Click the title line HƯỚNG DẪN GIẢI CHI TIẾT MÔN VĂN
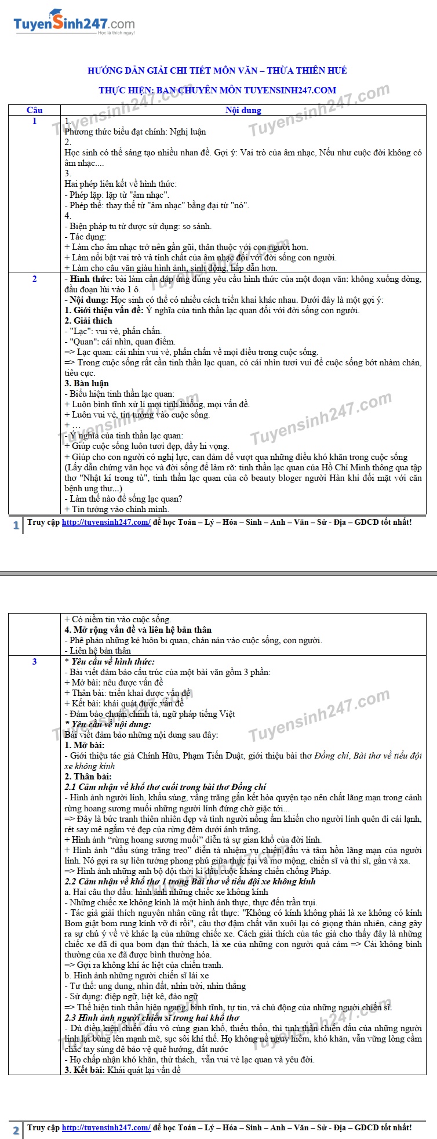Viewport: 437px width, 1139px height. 217,71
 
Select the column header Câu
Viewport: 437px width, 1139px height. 35,110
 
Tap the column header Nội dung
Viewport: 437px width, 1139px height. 243,110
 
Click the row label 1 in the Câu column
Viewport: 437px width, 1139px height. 35,121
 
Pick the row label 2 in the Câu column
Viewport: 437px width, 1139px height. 35,279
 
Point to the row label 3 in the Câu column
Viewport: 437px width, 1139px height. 35,661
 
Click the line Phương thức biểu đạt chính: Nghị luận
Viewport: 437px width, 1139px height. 135,132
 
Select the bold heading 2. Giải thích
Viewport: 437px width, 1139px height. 89,321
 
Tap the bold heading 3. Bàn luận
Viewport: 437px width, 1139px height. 87,383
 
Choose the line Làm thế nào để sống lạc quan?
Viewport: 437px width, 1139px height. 123,499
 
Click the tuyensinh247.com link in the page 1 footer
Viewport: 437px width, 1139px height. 106,522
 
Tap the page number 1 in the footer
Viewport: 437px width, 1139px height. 16,525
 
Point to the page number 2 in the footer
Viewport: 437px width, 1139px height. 16,1130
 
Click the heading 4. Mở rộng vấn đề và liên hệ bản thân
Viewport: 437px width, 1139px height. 138,630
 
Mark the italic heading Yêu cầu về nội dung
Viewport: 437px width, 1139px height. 111,724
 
